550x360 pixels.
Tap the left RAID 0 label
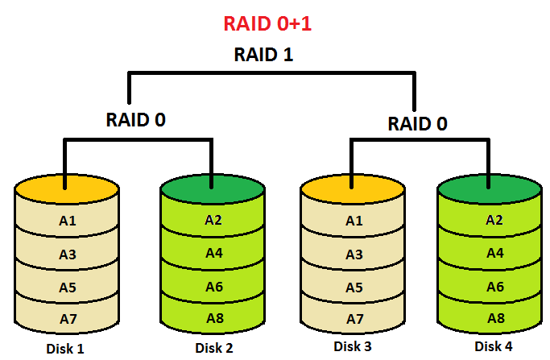tap(136, 120)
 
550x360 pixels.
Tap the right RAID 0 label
tap(418, 124)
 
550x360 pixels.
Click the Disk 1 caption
tap(65, 349)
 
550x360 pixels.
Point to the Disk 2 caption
tap(213, 348)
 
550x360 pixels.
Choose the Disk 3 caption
tap(352, 347)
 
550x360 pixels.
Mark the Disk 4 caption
tap(493, 346)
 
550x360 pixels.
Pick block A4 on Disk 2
tap(213, 253)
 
